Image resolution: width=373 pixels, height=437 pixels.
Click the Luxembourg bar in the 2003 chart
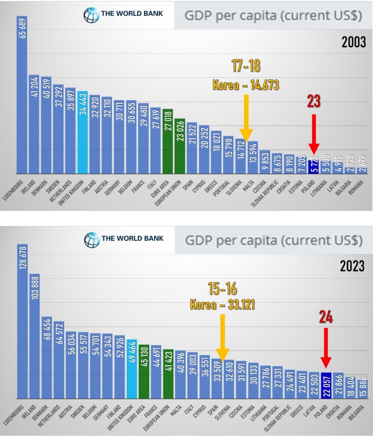click(22, 96)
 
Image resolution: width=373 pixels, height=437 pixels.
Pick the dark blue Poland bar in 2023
click(326, 385)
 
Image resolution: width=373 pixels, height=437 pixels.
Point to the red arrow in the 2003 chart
click(313, 132)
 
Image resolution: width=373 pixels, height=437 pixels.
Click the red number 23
click(313, 101)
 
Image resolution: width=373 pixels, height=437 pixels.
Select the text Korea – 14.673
click(245, 85)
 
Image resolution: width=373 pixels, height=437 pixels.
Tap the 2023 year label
click(353, 266)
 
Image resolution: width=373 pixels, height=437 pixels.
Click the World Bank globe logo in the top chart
click(91, 15)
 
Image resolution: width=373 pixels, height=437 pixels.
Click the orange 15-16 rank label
click(222, 288)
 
